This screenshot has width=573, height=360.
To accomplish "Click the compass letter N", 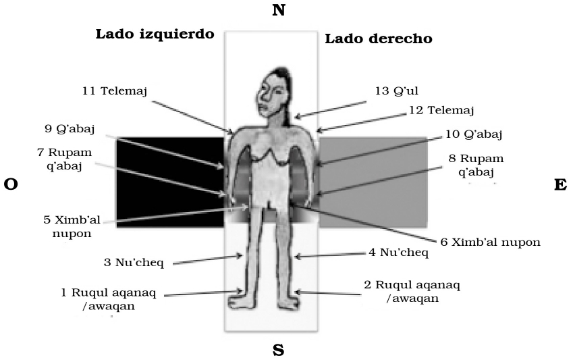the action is [279, 10].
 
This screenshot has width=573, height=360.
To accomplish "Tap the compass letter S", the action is [279, 351].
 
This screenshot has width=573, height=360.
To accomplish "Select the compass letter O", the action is [11, 184].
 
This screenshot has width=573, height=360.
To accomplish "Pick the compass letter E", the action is [560, 185].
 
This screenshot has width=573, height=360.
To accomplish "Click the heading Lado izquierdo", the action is [155, 34].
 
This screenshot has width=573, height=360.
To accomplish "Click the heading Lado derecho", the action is [379, 38].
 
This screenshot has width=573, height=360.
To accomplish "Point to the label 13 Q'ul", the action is [396, 91].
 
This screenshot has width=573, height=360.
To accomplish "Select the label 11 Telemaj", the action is [115, 91].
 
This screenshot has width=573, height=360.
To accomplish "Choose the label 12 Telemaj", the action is [441, 109].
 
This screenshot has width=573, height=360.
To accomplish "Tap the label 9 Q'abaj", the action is [70, 129].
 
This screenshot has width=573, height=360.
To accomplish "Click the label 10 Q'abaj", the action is [474, 134].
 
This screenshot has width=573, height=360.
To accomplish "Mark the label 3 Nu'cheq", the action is [134, 262].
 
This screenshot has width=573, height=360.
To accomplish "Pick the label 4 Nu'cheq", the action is [398, 252].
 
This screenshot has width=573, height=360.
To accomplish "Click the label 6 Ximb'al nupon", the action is [491, 242].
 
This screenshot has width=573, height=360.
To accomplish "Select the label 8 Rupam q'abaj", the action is [476, 165].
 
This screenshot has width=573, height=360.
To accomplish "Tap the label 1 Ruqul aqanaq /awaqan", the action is [109, 299].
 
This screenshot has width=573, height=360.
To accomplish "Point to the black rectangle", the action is [170, 182].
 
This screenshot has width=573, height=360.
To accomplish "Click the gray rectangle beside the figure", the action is [373, 182].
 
